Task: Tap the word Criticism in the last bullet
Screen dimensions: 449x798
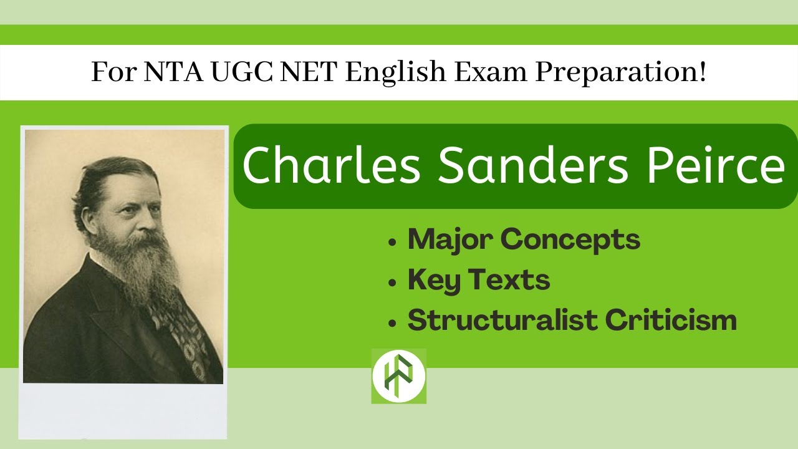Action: [671, 321]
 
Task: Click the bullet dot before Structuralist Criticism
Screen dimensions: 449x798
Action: [392, 323]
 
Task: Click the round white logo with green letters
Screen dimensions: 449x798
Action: [398, 376]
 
